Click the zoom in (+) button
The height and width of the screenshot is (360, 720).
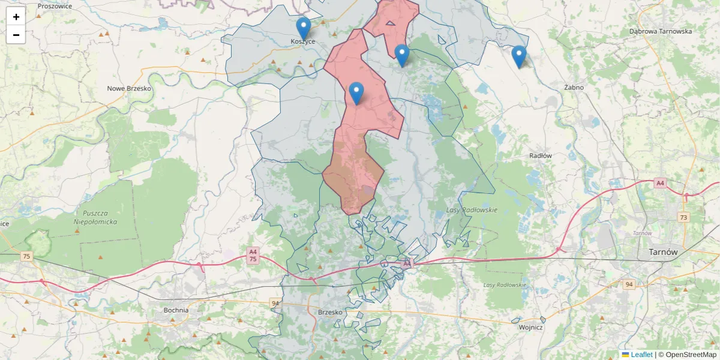pos(16,17)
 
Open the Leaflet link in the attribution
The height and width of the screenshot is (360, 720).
pos(641,355)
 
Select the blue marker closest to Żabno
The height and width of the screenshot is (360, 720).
pos(519,56)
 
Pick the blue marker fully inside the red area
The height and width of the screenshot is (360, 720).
pos(356,93)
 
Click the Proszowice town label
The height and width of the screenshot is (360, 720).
pos(55,6)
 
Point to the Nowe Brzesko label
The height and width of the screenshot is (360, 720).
pos(129,88)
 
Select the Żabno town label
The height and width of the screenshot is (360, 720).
pos(574,88)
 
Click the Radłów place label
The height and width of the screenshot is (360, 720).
pos(541,155)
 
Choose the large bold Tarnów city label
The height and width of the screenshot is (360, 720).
pos(663,253)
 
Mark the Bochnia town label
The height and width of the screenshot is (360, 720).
pos(176,310)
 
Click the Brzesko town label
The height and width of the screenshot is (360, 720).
pos(329,313)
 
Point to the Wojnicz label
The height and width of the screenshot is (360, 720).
pos(530,328)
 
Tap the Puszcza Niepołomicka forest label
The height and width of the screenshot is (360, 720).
pos(95,217)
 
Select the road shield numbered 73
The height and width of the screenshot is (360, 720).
pos(683,217)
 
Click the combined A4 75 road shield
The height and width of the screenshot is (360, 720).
pos(253,256)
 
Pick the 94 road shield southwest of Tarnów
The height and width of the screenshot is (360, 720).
pos(629,284)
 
